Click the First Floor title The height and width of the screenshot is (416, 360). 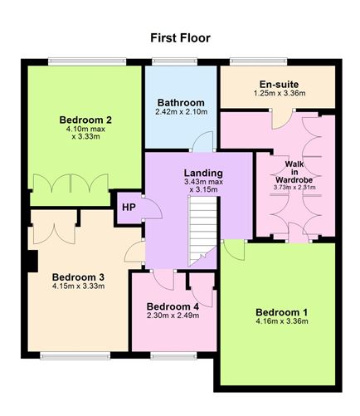tap(180, 37)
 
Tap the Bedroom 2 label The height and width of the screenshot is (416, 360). tap(80, 119)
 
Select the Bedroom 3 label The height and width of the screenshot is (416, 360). tap(78, 277)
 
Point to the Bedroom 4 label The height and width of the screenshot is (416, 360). tap(173, 306)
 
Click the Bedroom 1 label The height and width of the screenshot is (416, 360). tap(281, 312)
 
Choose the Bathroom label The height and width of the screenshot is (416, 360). tap(180, 102)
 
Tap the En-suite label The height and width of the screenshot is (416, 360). tap(279, 84)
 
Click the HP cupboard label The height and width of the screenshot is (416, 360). tap(129, 207)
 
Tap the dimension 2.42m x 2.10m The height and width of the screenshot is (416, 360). tap(180, 111)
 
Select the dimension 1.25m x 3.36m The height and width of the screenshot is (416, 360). tap(279, 94)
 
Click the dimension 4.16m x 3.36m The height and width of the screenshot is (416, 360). tap(281, 321)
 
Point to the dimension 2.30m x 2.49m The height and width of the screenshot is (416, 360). tap(173, 315)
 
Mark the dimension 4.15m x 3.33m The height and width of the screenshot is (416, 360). tap(78, 286)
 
